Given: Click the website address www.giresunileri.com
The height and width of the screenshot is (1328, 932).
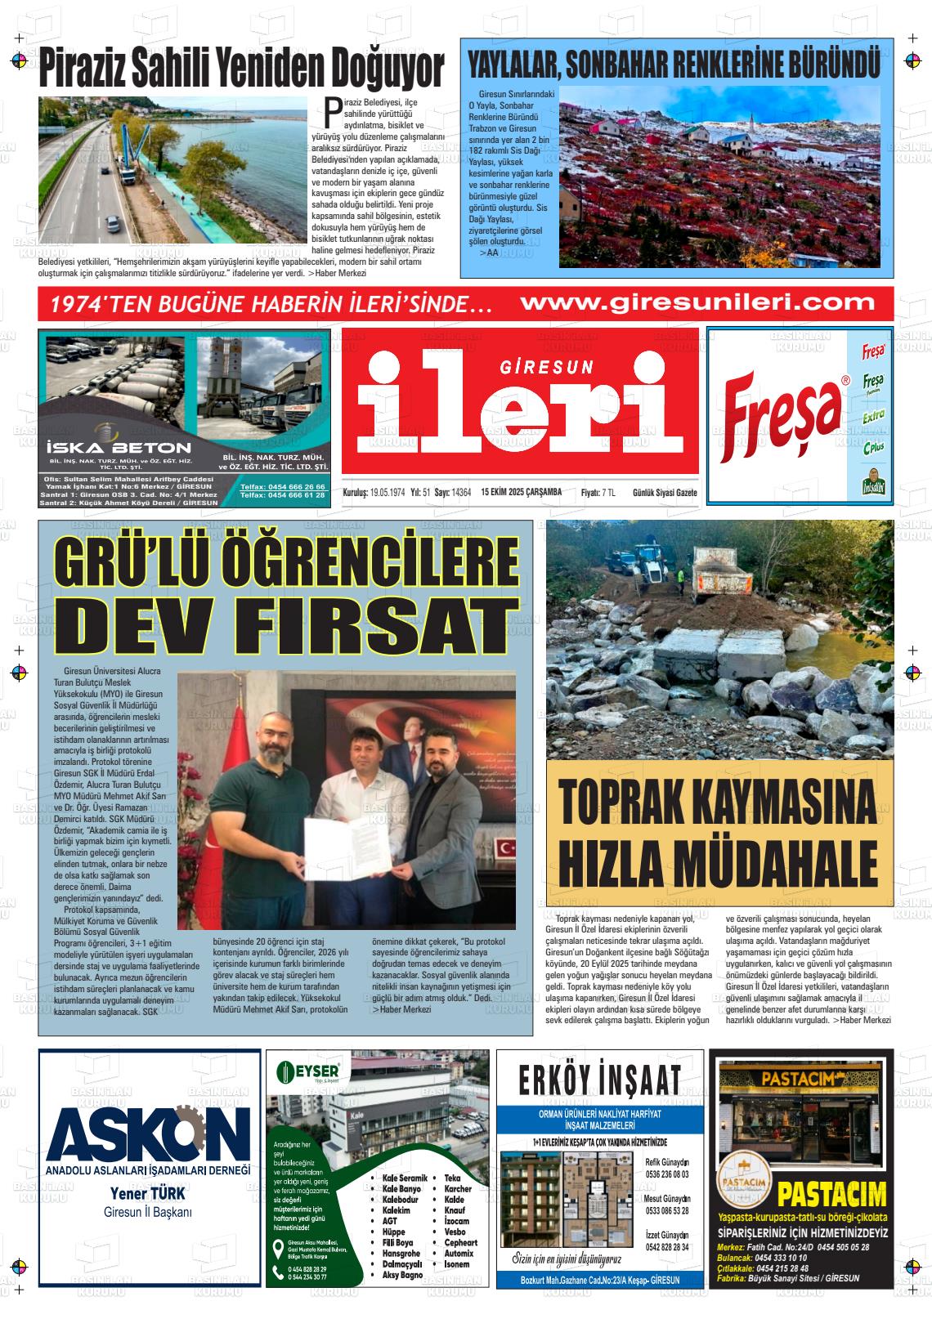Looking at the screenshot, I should coord(697,302).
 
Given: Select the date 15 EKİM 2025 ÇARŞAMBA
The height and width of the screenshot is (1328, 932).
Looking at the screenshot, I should coord(522,492).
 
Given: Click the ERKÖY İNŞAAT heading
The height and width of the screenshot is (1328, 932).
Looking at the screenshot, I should coord(599,1079).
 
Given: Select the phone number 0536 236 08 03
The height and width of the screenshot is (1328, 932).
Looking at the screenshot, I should coord(666,1174).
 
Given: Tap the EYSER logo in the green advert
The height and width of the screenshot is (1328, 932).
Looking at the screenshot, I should coord(313,1070).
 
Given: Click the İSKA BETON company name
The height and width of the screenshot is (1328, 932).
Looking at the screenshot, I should coord(119,447).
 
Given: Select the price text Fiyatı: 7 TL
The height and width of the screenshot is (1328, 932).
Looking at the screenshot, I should coord(598,492).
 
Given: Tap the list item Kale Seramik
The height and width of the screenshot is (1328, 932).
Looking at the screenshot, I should coord(405,1178).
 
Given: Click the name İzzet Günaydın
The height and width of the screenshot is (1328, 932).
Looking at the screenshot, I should coord(667,1235).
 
